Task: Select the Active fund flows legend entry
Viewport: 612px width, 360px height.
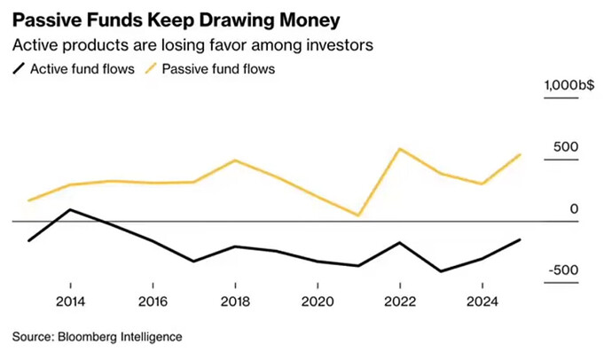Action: tap(76, 68)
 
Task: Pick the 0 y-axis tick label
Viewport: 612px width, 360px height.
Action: tap(574, 208)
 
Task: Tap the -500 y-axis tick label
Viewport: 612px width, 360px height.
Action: tap(562, 270)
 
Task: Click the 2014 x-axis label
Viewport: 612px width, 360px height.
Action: tap(71, 301)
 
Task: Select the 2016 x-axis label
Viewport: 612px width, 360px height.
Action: tap(153, 301)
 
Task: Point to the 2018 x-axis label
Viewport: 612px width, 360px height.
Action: tap(235, 301)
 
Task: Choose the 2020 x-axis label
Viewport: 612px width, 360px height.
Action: tap(318, 301)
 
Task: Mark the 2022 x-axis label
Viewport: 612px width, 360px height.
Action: tap(400, 301)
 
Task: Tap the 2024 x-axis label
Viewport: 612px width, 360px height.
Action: tap(482, 301)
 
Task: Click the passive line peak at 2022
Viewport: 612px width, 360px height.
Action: tap(400, 148)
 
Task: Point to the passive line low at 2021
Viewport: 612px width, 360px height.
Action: tap(359, 215)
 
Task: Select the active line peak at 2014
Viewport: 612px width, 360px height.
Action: tap(71, 209)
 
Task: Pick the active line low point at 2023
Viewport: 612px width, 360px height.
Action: tap(441, 271)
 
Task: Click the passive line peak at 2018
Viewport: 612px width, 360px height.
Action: tap(235, 160)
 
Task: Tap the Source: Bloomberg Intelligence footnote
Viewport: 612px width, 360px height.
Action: tap(97, 337)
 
